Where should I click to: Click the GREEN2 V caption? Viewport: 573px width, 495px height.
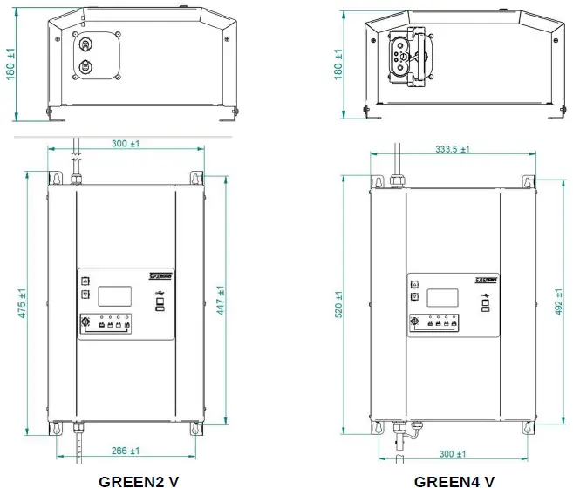pyautogui.click(x=139, y=481)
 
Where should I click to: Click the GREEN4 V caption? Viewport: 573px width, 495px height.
pyautogui.click(x=454, y=481)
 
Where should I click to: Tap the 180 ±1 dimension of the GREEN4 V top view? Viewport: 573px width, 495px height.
pyautogui.click(x=339, y=65)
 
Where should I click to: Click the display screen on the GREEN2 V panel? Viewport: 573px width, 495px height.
pyautogui.click(x=114, y=295)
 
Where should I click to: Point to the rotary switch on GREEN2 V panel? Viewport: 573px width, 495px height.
pyautogui.click(x=85, y=324)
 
